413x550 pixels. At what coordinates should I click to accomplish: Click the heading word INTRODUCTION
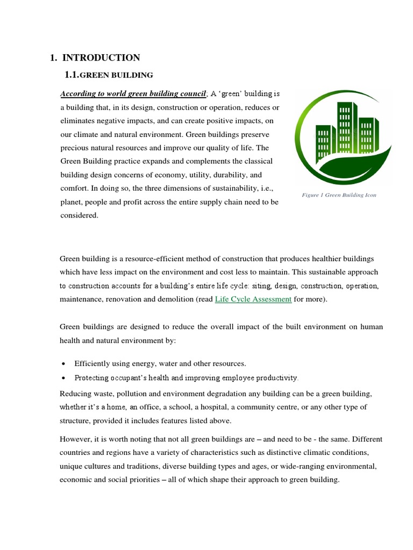[x=101, y=57]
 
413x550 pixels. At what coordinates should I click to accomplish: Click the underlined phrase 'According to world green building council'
[x=133, y=94]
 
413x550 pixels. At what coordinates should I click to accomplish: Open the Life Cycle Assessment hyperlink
[x=253, y=299]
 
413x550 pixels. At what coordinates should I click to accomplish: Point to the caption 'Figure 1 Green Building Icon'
[x=339, y=195]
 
